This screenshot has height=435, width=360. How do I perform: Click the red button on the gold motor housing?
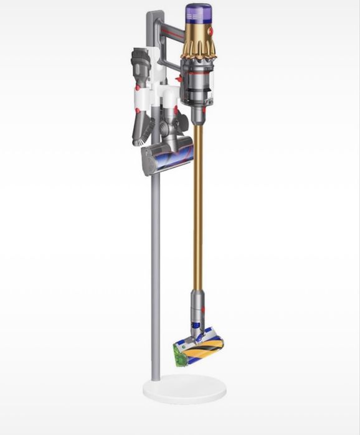(x=209, y=31)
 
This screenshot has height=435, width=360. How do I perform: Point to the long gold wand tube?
(x=197, y=205)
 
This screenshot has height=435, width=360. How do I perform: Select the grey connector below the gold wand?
(x=197, y=302)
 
